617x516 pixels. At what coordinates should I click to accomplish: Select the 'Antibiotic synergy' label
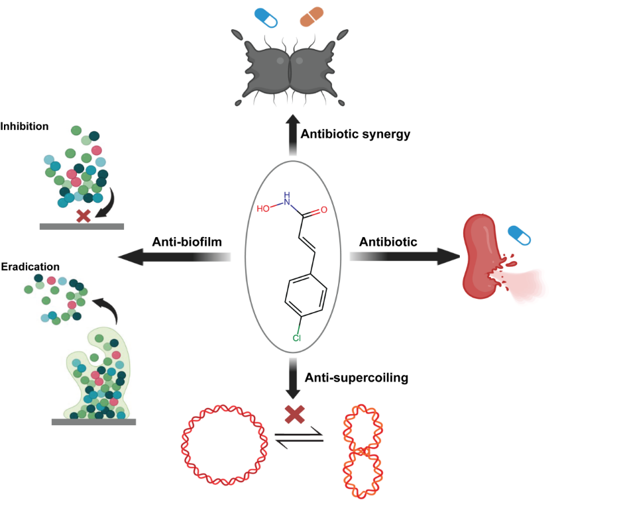click(x=355, y=134)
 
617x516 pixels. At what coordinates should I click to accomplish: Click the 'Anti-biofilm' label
click(x=187, y=242)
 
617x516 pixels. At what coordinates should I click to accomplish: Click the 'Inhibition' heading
click(x=25, y=126)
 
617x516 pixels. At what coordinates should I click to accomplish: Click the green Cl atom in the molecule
click(x=297, y=338)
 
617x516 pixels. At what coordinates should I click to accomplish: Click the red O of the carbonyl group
click(x=323, y=210)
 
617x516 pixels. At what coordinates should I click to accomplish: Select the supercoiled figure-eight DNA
click(x=361, y=451)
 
